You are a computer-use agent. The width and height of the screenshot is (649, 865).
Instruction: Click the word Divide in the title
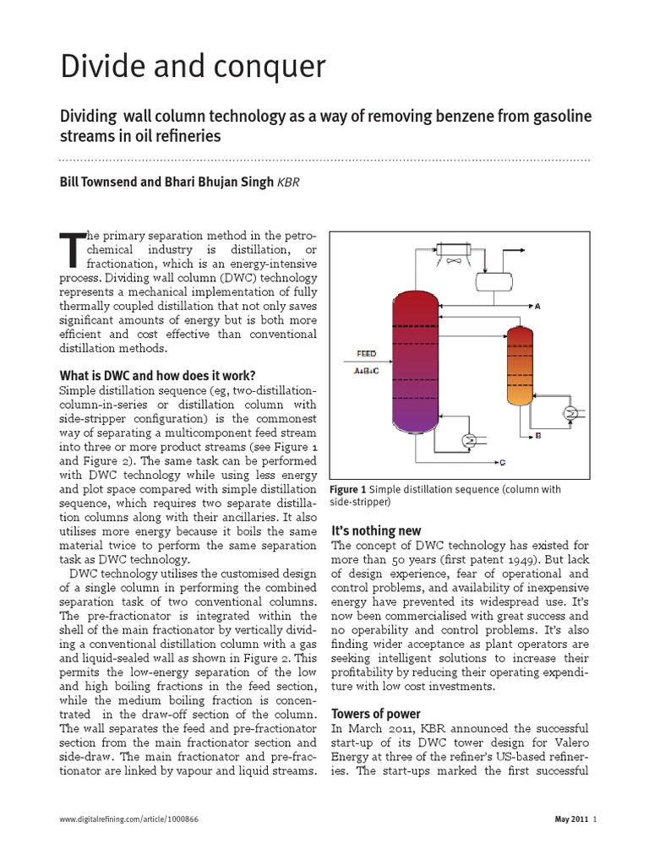point(106,67)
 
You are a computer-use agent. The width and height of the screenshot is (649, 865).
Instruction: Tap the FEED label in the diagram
point(364,354)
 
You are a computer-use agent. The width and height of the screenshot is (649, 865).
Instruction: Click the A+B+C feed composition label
point(365,369)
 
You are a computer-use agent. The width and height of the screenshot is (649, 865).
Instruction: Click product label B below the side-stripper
point(538,436)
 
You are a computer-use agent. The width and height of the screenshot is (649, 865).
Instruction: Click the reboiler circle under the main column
point(469,440)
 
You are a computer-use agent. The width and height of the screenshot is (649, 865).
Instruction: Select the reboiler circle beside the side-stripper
point(571,412)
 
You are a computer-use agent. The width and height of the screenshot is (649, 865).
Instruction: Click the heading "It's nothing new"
point(374,530)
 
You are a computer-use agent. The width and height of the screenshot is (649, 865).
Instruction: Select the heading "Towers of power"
point(376,713)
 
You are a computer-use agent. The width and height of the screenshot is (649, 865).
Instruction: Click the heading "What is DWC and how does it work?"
point(155,375)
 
